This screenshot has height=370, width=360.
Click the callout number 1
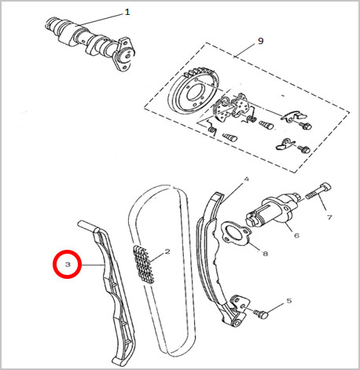(127, 12)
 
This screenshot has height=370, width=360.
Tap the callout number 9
(260, 41)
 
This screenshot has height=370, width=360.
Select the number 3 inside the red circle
(68, 264)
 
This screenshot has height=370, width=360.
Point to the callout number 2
(167, 251)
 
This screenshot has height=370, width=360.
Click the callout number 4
(246, 179)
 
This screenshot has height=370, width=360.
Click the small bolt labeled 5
(260, 313)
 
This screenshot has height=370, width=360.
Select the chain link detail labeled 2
(144, 265)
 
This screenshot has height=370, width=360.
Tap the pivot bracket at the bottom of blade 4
(238, 311)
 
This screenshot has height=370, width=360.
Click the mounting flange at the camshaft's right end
(124, 54)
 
